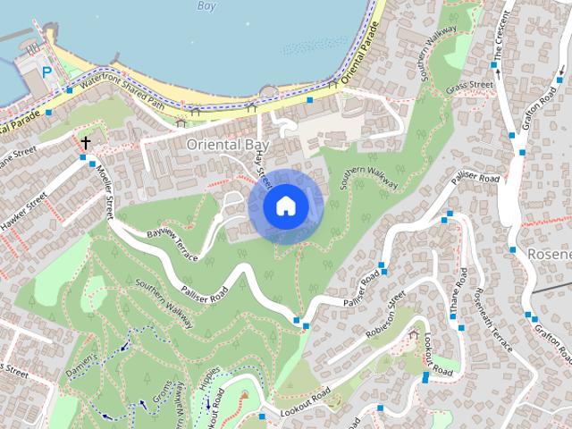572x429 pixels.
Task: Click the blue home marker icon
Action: click(x=285, y=206)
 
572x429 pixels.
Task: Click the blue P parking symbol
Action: click(x=46, y=72)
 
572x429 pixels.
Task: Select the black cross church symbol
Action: click(x=87, y=142)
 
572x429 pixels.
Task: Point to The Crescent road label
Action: click(x=499, y=39)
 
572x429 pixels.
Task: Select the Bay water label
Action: click(x=206, y=5)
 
